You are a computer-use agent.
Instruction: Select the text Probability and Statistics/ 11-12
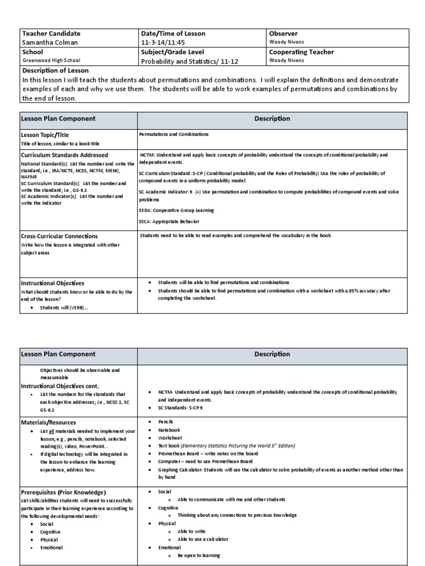coord(189,62)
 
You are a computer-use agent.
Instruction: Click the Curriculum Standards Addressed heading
coord(64,155)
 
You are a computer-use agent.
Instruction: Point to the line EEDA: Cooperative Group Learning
coord(177,211)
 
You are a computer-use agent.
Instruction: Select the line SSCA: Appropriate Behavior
coord(169,221)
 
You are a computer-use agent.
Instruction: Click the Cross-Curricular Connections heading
coord(59,237)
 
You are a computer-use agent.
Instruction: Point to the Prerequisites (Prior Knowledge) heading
coord(64,492)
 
